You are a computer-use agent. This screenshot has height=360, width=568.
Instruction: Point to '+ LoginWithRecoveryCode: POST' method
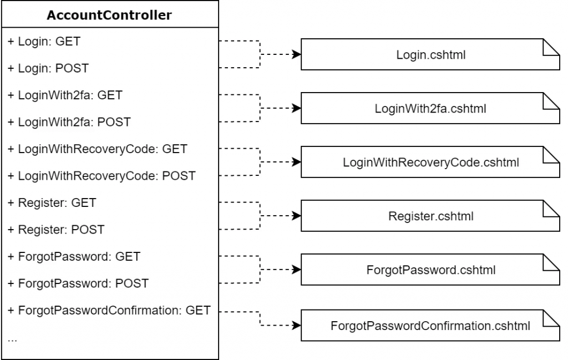coord(101,176)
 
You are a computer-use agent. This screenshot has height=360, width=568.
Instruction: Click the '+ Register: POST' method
coord(55,230)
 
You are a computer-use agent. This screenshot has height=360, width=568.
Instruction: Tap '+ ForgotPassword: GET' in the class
coord(74,256)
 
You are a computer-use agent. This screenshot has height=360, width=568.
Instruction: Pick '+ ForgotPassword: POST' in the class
coord(78,283)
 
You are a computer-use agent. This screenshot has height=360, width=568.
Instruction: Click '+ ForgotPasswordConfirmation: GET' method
coord(109,310)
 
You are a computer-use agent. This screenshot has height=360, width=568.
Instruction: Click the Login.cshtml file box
coord(430,54)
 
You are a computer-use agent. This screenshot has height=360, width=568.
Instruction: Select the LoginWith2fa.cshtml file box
coord(430,108)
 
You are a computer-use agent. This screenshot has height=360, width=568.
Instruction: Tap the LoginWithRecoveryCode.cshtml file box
coord(430,163)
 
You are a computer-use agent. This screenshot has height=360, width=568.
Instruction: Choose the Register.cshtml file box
coord(430,216)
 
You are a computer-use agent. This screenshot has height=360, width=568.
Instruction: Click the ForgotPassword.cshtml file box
coord(430,270)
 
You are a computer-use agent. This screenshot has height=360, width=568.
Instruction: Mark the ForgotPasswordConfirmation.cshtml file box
coord(430,324)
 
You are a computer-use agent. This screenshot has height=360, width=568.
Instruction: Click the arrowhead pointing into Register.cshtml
coord(297,216)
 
